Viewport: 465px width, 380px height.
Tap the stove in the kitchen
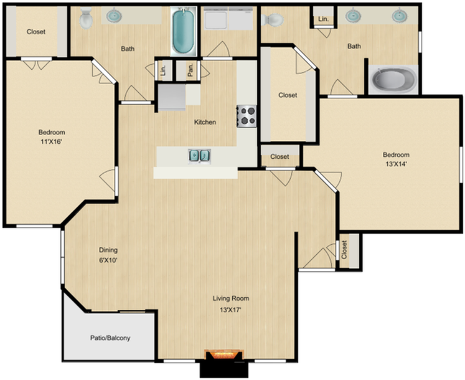point(247,115)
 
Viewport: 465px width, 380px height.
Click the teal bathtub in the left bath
point(183,31)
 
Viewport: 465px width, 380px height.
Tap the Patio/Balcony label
point(110,338)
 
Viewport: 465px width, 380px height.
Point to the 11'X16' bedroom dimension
point(52,142)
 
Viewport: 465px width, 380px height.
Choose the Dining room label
point(108,250)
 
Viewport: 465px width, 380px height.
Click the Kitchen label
point(205,122)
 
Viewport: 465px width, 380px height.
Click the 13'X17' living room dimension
point(230,310)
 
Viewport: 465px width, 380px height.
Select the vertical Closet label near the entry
point(344,250)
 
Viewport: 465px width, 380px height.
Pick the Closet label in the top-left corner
point(35,32)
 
